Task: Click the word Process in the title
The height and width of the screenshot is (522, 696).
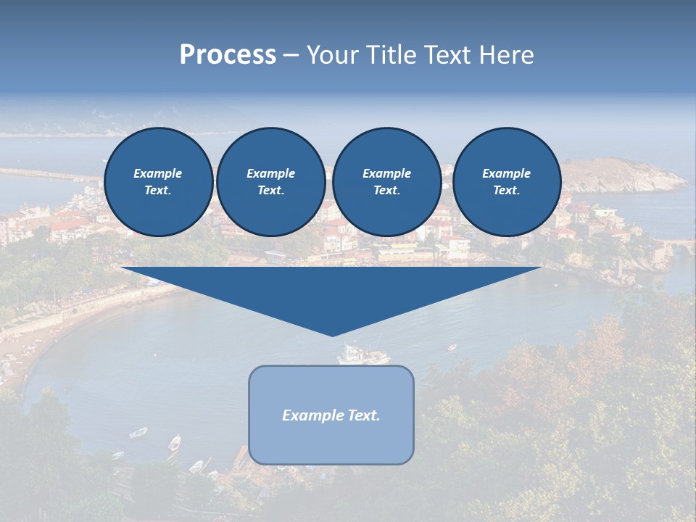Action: [228, 55]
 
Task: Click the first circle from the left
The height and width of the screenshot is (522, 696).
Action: [158, 181]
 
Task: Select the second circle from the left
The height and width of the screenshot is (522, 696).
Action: [270, 181]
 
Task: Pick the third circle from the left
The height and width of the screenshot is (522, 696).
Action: [386, 181]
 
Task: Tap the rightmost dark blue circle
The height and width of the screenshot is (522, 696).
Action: [506, 181]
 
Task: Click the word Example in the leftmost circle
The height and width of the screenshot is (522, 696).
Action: [158, 173]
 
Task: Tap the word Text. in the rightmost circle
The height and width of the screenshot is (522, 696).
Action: [506, 190]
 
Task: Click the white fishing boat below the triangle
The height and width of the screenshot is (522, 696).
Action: [362, 355]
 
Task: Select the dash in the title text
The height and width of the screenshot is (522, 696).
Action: [291, 55]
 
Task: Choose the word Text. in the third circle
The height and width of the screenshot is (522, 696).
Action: [386, 190]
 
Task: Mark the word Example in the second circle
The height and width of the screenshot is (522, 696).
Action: [270, 173]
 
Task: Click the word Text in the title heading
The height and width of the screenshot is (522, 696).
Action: [447, 55]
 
